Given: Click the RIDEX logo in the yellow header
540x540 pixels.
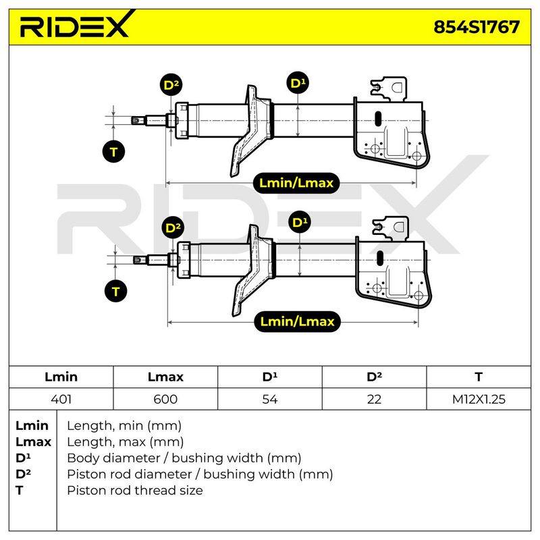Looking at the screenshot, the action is (75, 25).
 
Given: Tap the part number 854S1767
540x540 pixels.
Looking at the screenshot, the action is (477, 27).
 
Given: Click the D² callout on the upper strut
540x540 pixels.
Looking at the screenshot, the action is (171, 85).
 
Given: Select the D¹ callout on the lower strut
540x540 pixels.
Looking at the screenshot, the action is (300, 222).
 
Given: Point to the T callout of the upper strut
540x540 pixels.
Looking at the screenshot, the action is (113, 151).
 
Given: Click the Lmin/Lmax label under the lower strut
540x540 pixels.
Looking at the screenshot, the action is (297, 322).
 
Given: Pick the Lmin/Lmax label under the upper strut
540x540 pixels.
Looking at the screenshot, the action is (296, 183).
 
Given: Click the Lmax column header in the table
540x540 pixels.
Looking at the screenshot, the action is (165, 377).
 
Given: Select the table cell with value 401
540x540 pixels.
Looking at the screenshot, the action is (61, 399).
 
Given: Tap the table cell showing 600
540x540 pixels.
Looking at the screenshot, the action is (165, 399).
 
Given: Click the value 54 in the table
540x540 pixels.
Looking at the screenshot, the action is (269, 399).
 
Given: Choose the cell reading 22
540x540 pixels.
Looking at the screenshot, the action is (374, 399).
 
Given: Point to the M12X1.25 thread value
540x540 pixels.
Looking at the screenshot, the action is (479, 399).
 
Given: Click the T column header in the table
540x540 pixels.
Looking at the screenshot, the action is (479, 377).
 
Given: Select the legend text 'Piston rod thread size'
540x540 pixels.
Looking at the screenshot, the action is (135, 490).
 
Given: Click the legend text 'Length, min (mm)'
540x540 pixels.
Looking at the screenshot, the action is (124, 426).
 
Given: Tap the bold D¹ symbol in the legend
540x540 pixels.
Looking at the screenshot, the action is (23, 458).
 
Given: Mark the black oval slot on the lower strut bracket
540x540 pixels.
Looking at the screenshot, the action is (380, 258).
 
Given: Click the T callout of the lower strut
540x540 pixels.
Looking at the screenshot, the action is (115, 292).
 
